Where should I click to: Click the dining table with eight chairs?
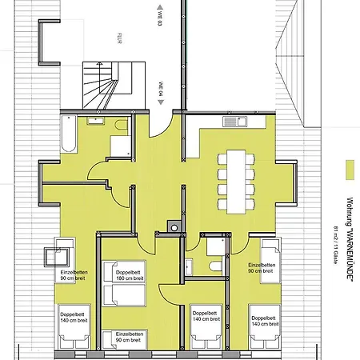236,179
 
